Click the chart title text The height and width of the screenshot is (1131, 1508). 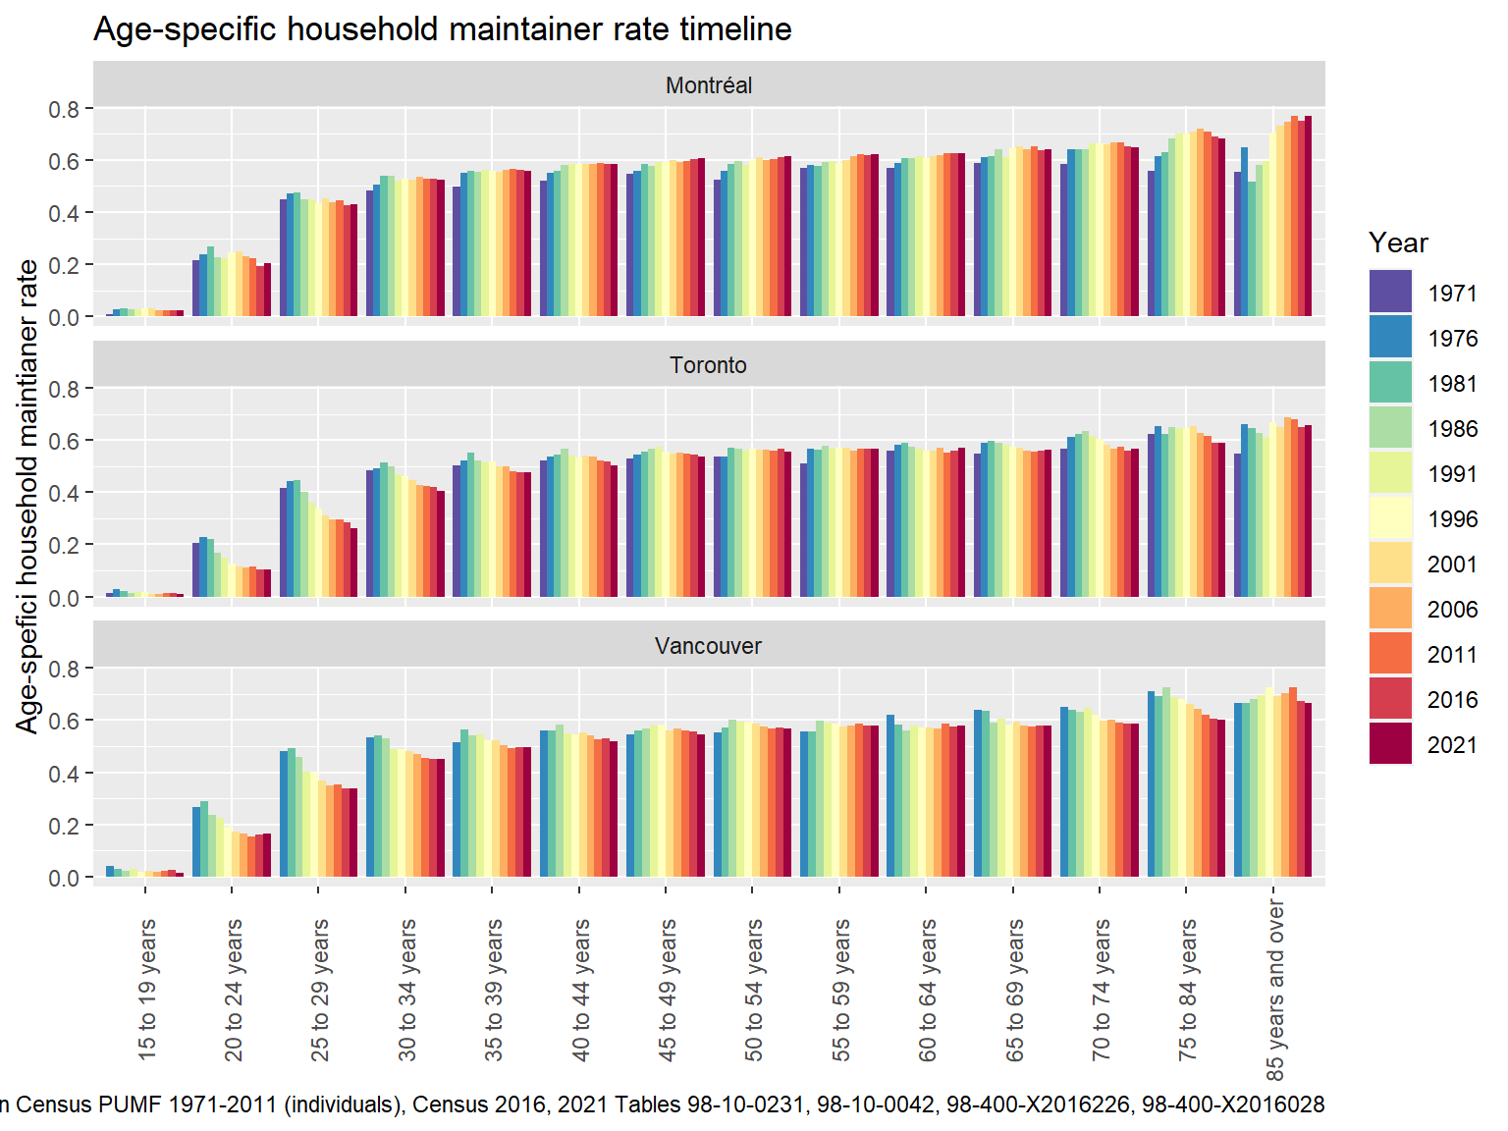[x=442, y=29]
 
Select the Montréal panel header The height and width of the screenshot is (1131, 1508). [x=708, y=85]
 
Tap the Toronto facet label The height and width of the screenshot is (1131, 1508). [x=708, y=365]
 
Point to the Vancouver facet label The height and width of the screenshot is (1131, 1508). [x=708, y=646]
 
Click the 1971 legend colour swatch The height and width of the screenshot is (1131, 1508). [x=1390, y=292]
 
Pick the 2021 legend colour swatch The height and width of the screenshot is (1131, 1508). [x=1390, y=743]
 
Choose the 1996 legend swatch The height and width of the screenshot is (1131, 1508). [x=1390, y=517]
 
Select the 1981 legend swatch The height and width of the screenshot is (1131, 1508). [x=1390, y=382]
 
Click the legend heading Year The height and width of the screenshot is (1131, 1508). [x=1398, y=242]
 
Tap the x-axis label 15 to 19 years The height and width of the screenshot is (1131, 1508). [x=147, y=989]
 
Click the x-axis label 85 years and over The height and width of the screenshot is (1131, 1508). [x=1274, y=989]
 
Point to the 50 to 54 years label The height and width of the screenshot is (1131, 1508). [x=754, y=989]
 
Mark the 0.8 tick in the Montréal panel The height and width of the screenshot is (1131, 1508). [x=65, y=109]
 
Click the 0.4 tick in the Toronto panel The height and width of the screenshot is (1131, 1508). [x=65, y=493]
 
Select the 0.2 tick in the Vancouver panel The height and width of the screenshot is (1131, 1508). [x=65, y=826]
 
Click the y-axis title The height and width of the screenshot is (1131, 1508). [x=27, y=496]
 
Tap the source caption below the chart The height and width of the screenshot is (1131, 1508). [x=663, y=1104]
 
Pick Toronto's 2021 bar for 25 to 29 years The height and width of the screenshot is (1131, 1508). [x=353, y=563]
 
